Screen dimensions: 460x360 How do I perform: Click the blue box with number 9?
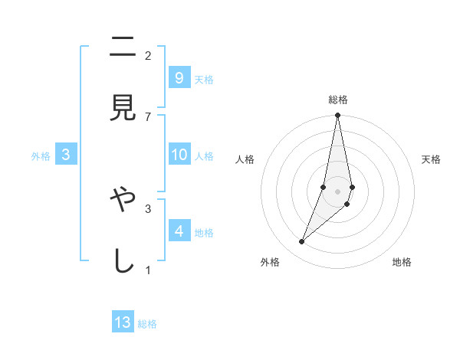click(179, 77)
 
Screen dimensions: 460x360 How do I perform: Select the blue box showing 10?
click(179, 155)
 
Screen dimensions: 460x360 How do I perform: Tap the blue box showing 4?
click(179, 231)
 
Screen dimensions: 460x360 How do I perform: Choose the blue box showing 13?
click(123, 322)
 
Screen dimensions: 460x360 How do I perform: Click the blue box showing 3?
click(66, 155)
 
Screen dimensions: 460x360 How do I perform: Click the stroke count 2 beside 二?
click(148, 55)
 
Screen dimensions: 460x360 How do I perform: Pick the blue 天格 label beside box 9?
click(204, 79)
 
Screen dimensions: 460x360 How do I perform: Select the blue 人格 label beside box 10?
click(204, 156)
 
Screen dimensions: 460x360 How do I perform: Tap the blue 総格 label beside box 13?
click(147, 324)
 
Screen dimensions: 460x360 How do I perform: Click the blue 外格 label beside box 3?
click(41, 156)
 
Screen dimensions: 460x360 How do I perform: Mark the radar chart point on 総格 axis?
click(337, 116)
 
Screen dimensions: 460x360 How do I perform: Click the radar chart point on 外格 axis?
click(301, 242)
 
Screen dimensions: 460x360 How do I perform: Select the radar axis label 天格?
click(431, 159)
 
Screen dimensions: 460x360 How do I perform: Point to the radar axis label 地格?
click(402, 262)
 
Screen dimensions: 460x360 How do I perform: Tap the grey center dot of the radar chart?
click(337, 191)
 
